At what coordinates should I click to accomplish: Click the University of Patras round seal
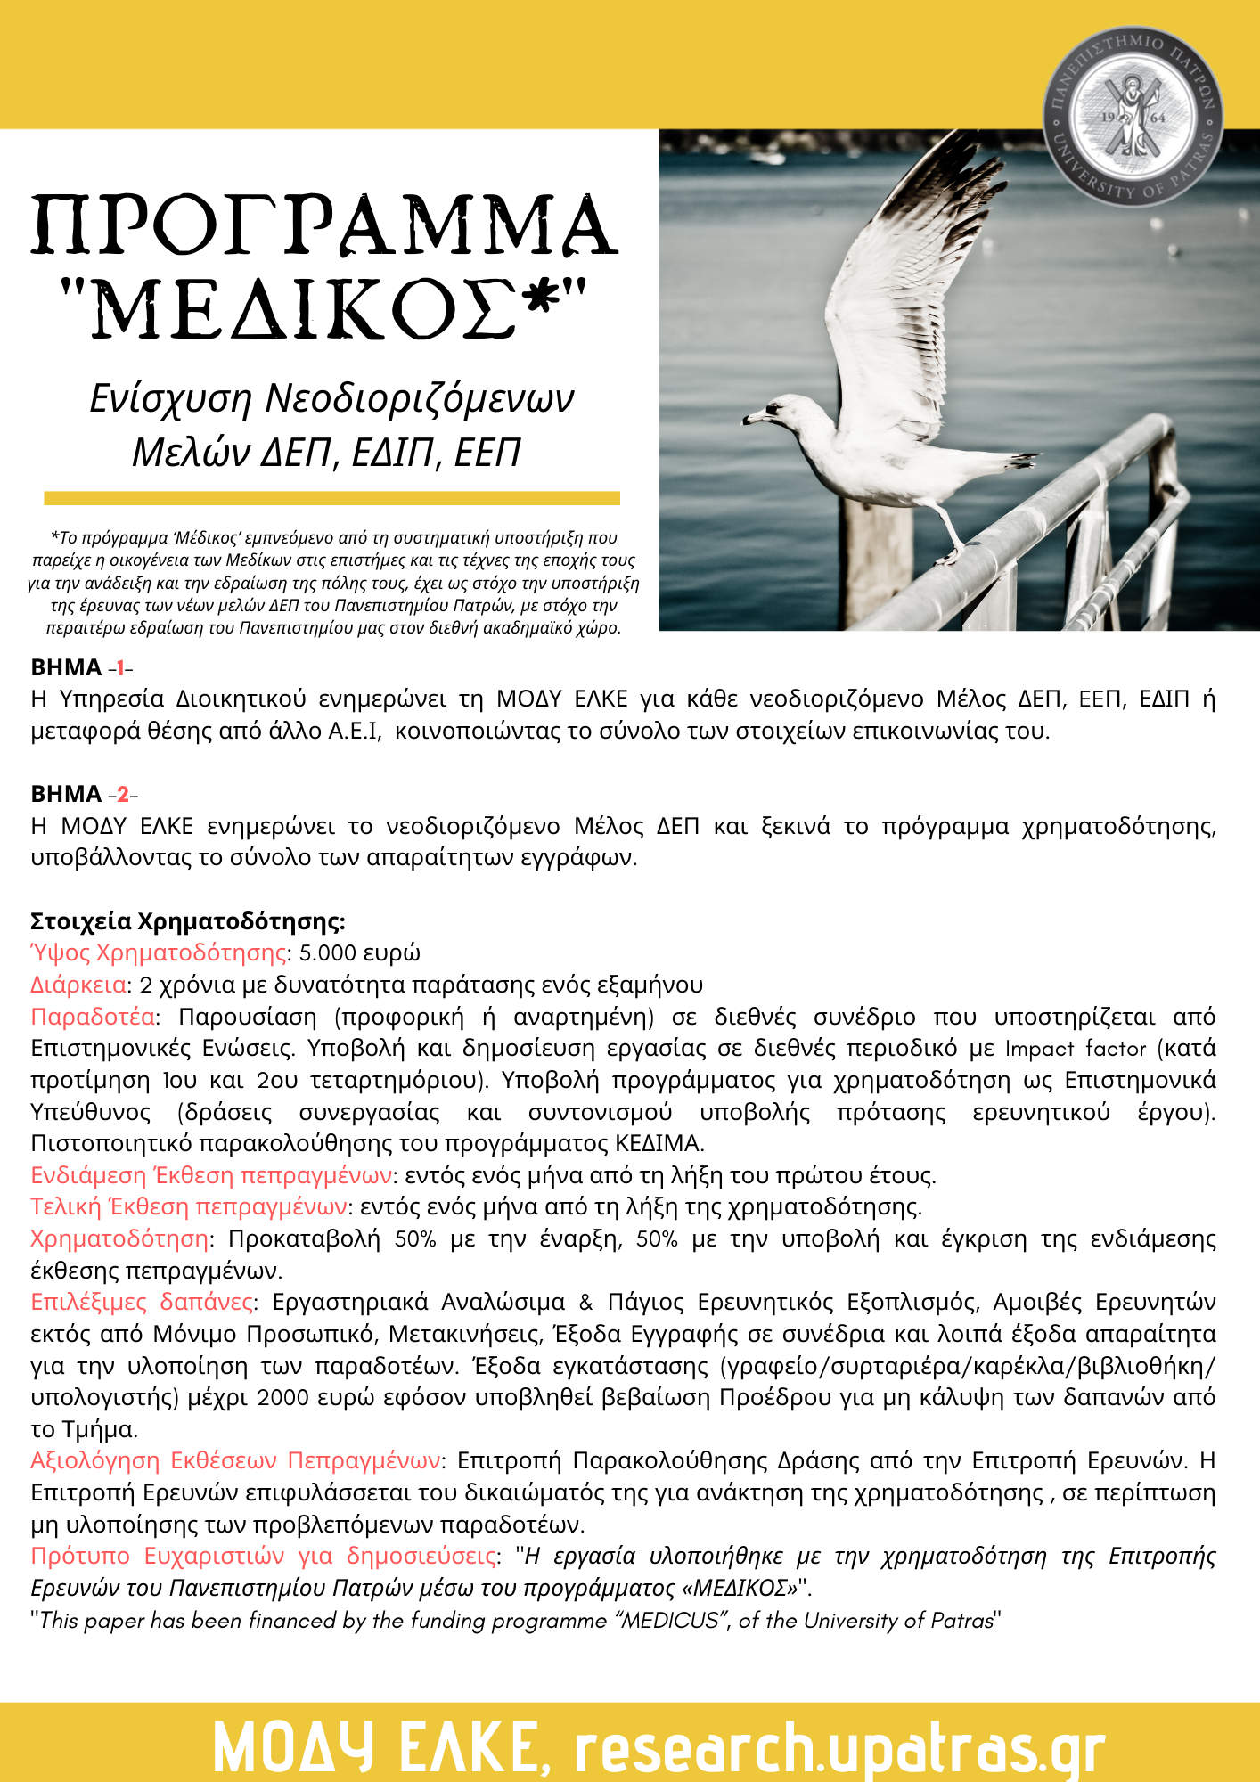pos(1133,116)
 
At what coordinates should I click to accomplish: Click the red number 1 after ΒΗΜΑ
pos(120,668)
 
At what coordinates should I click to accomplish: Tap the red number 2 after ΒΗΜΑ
pos(123,795)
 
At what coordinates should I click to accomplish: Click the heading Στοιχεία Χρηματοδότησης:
pos(188,921)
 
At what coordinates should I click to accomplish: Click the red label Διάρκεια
pos(78,985)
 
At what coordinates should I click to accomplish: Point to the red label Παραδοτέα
pos(94,1018)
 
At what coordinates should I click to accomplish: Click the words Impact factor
pos(1075,1049)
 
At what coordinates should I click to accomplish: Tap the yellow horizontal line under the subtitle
pos(331,498)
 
